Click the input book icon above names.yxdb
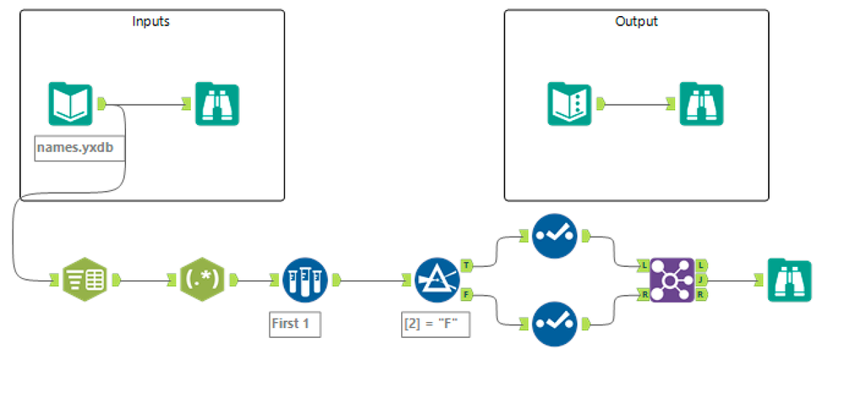[70, 103]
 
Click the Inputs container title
[151, 21]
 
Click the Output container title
[636, 21]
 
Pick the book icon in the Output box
[569, 103]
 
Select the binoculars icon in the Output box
[702, 103]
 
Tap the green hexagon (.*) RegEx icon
[203, 279]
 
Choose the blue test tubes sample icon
[303, 279]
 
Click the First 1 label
[295, 324]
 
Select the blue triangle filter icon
[437, 279]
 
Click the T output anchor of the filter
[467, 264]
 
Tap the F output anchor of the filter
[467, 294]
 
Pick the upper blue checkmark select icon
[555, 232]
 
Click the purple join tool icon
[672, 279]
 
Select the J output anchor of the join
[701, 279]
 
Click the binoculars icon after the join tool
[790, 279]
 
